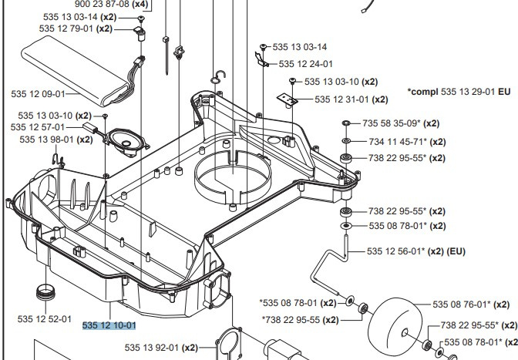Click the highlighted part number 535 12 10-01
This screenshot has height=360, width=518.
[x=109, y=325]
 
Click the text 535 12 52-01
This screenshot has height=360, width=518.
[x=45, y=318]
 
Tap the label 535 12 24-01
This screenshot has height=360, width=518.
[x=305, y=64]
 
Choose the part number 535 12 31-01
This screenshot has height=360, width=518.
[x=351, y=99]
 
